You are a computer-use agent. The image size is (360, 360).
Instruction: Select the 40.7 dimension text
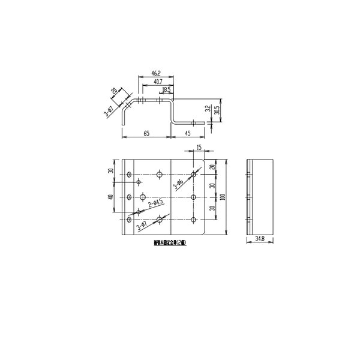[x=157, y=81]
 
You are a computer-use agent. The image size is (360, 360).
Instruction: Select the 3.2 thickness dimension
[x=207, y=109]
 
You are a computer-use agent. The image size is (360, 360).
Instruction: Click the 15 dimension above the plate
[x=199, y=148]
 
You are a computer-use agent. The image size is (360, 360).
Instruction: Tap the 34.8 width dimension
[x=259, y=239]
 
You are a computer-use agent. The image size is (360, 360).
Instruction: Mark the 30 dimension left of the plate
[x=112, y=170]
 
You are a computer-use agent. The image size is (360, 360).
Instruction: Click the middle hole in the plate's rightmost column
[x=193, y=197]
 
